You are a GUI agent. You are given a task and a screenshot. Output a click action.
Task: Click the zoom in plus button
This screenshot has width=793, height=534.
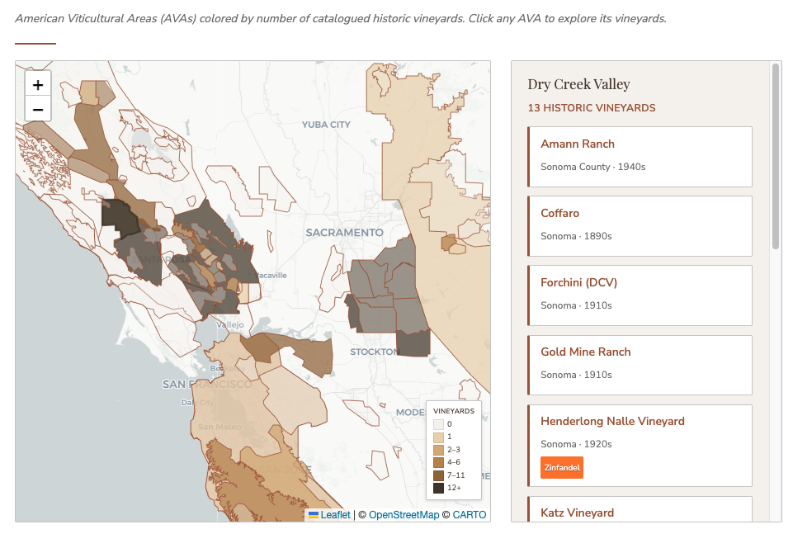(38, 84)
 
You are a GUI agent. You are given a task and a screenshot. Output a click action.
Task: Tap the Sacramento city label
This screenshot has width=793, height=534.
(344, 233)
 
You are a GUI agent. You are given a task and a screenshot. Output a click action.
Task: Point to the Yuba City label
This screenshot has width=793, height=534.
(326, 125)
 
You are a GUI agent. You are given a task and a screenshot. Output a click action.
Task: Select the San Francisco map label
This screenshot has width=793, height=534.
(207, 385)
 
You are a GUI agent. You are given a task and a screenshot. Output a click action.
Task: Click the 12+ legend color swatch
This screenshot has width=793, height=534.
(438, 488)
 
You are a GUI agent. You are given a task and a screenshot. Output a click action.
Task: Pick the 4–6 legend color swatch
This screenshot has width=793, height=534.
(438, 462)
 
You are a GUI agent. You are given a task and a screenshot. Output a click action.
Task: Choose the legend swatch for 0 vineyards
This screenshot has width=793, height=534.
(438, 424)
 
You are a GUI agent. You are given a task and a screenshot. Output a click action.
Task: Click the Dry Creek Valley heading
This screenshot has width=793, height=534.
(578, 84)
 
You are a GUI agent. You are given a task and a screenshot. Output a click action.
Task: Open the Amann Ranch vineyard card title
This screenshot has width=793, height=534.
(578, 144)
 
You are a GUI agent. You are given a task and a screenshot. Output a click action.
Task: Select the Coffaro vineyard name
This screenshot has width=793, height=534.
(561, 213)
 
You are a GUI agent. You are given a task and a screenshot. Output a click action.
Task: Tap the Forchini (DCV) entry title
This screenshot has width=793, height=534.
(578, 282)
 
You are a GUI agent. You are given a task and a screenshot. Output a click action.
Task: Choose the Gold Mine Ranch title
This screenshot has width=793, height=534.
(585, 352)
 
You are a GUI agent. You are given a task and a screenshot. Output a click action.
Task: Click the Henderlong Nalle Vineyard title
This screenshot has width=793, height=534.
(612, 421)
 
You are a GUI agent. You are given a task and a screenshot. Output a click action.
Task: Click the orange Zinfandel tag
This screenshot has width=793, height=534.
(562, 467)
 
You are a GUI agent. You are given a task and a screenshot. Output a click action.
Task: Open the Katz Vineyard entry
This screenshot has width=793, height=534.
(577, 513)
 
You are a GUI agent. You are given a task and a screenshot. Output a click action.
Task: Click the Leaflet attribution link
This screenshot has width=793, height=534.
(335, 515)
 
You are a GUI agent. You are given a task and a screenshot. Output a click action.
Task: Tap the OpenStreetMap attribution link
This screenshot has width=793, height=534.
(404, 515)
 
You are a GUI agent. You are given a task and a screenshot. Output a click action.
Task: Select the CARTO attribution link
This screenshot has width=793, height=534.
(470, 515)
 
